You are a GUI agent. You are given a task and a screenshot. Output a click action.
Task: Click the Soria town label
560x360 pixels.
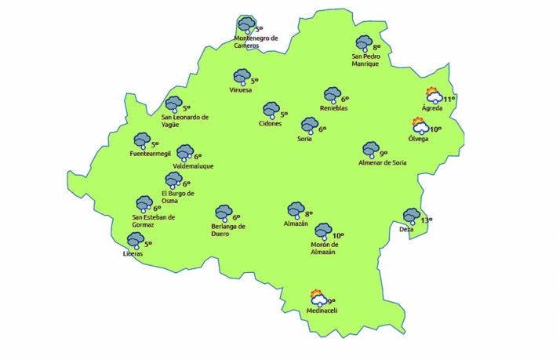pyautogui.click(x=305, y=139)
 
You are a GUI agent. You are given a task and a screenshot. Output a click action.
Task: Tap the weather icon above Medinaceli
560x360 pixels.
pyautogui.click(x=318, y=298)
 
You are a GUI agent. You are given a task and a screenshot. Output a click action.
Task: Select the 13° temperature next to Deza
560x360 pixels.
pyautogui.click(x=427, y=220)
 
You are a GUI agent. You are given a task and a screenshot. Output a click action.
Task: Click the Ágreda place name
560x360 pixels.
pyautogui.click(x=432, y=108)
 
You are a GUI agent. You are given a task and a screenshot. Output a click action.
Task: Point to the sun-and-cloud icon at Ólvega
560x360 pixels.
pyautogui.click(x=421, y=125)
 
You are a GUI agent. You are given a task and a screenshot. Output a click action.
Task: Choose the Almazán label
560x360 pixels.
pyautogui.click(x=296, y=224)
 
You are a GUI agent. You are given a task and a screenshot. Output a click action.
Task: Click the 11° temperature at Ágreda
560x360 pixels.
pyautogui.click(x=449, y=99)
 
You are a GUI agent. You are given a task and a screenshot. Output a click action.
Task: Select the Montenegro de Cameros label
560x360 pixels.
pyautogui.click(x=256, y=42)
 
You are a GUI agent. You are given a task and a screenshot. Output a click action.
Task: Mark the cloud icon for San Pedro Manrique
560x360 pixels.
pyautogui.click(x=364, y=44)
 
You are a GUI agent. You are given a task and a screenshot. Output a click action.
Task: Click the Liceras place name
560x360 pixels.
pyautogui.click(x=133, y=254)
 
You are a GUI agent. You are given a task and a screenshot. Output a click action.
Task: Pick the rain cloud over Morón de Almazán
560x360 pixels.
pyautogui.click(x=323, y=231)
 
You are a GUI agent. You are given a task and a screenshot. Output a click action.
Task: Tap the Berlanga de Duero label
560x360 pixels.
pyautogui.click(x=229, y=231)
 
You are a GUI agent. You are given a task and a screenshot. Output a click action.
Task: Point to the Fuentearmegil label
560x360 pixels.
pyautogui.click(x=150, y=154)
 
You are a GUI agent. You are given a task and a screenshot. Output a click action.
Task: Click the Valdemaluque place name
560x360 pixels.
pyautogui.click(x=192, y=166)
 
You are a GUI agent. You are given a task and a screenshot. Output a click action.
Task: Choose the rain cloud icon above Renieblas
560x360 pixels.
pyautogui.click(x=333, y=94)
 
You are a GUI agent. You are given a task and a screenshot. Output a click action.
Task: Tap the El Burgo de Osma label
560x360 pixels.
pyautogui.click(x=178, y=197)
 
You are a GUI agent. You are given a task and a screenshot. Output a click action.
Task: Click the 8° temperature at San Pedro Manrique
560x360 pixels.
pyautogui.click(x=376, y=47)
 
